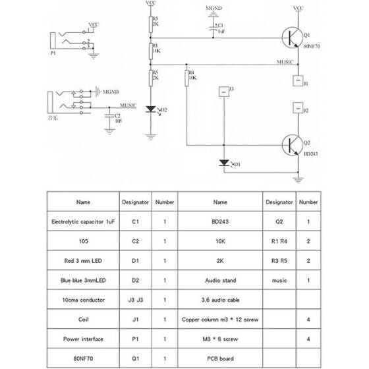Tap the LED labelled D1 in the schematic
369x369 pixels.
click(x=224, y=163)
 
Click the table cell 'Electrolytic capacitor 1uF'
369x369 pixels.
click(x=83, y=222)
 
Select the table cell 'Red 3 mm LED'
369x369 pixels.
click(x=83, y=260)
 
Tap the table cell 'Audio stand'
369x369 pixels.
click(x=221, y=279)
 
